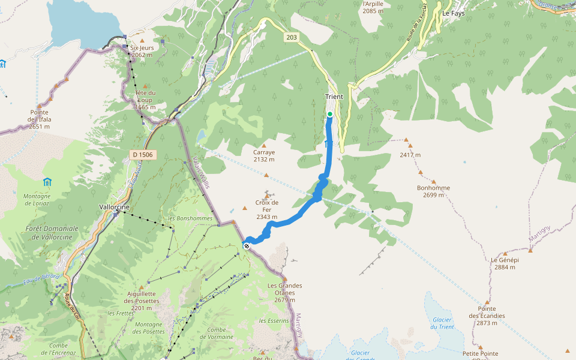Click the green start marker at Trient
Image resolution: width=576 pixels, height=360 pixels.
330,114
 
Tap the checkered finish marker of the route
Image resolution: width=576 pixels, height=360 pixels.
247,245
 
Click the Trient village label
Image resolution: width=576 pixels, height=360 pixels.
334,97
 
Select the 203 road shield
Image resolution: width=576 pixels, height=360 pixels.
292,37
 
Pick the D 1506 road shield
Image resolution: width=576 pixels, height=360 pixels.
142,155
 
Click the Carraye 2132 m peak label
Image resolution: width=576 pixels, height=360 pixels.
264,155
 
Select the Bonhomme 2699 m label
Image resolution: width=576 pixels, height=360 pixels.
433,191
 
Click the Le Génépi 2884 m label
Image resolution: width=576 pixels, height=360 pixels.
505,263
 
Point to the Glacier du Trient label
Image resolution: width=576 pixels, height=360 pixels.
442,323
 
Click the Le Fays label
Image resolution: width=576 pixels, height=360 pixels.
454,13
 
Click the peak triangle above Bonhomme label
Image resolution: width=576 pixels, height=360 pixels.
433,181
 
